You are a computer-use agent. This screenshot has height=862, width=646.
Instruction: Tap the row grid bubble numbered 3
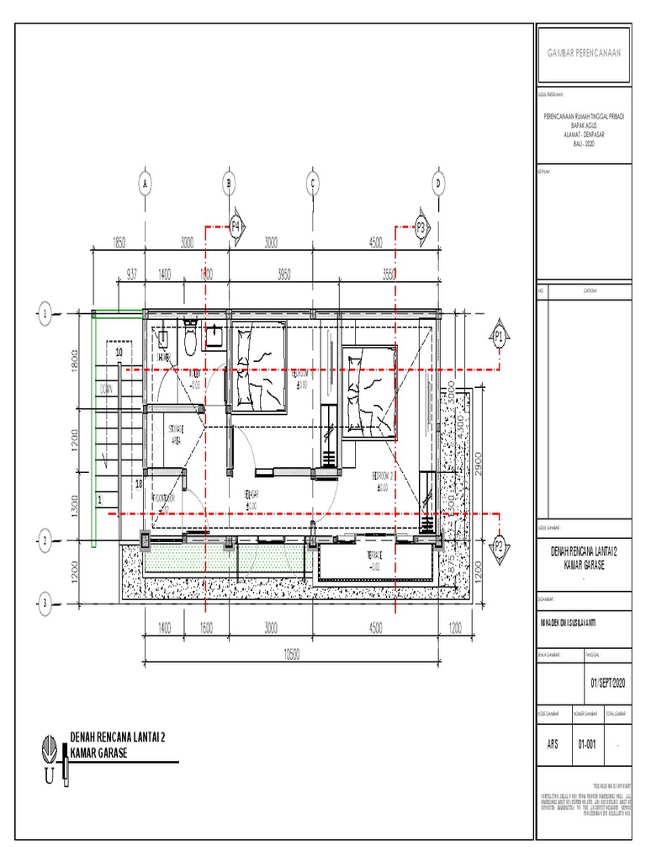coord(45,602)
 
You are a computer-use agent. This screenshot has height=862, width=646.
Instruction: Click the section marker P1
coord(499,338)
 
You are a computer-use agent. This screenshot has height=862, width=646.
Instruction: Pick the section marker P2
coord(499,545)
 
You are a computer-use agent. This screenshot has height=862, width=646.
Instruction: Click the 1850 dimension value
coord(119,243)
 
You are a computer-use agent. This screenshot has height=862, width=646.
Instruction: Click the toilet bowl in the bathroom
coord(190,340)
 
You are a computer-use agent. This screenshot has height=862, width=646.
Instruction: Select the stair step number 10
coord(119,351)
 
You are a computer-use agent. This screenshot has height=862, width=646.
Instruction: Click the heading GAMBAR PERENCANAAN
coord(584,53)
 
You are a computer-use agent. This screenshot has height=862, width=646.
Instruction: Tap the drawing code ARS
coord(553,744)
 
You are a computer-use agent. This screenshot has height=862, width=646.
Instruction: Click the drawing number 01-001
coord(587,744)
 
